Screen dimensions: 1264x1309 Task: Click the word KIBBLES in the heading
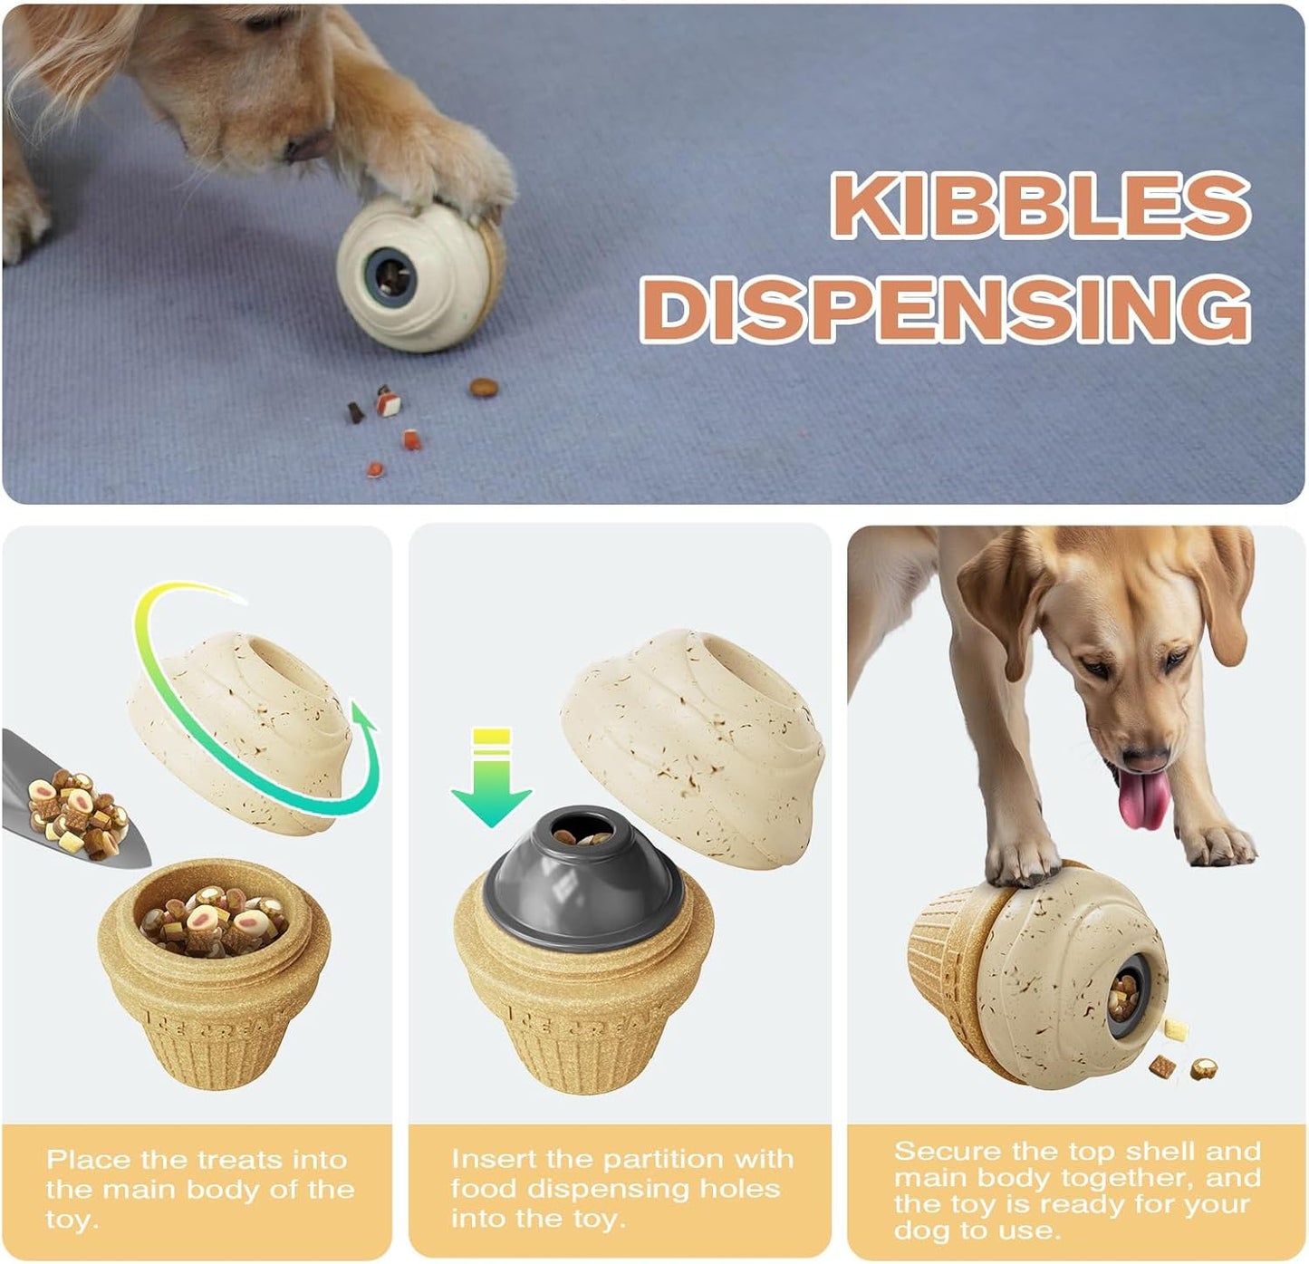(1040, 206)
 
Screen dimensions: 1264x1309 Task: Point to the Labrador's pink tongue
(1142, 799)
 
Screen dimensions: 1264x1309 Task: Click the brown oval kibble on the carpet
(484, 388)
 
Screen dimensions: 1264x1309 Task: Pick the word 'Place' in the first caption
(89, 1160)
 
